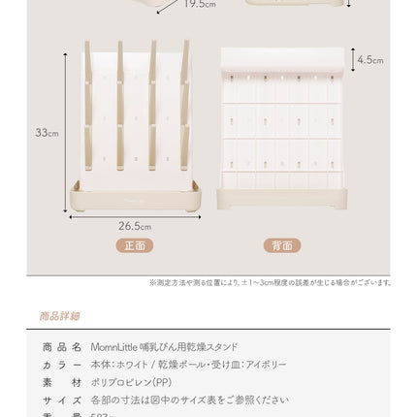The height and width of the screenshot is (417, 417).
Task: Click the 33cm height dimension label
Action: coord(48,133)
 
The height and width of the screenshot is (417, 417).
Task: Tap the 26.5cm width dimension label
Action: coord(135,226)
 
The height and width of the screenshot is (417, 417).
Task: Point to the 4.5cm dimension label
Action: coord(370,60)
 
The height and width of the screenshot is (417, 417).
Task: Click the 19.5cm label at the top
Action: coord(200,5)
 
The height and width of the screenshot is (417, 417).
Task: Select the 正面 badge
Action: coord(135,245)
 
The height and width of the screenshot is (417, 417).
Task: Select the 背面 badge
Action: coord(282,245)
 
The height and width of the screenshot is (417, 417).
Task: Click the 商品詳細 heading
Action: coord(60,316)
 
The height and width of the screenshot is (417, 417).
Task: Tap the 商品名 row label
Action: coord(61,347)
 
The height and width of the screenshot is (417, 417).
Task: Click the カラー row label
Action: coord(61,365)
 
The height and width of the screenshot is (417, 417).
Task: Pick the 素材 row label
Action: coord(61,382)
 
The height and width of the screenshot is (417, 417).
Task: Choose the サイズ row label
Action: coord(61,400)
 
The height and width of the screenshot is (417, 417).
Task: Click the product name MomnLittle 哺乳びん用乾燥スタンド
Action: coord(164,347)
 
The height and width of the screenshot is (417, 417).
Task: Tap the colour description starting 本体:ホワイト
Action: coord(188,365)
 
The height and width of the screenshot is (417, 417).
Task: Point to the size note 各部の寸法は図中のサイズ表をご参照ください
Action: coord(189,400)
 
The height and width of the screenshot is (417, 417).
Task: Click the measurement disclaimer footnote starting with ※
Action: coord(270,282)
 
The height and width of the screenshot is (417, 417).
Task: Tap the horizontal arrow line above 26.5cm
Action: coord(135,216)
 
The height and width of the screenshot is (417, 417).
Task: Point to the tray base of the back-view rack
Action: coord(282,199)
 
